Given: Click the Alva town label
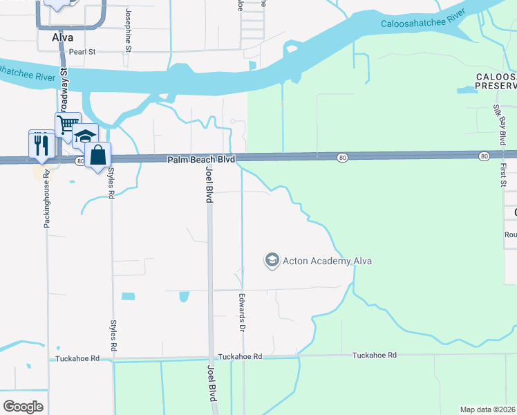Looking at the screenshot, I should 63,38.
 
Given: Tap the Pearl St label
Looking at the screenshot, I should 81,51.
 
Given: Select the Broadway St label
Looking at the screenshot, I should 64,77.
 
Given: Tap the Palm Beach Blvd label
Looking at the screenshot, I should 201,160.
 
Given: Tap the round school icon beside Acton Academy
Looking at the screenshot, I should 272,260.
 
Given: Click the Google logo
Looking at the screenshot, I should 23,407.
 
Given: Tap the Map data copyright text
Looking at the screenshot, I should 488,409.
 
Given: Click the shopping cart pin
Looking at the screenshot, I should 67,125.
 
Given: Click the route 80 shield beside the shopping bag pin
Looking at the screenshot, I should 80,161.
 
